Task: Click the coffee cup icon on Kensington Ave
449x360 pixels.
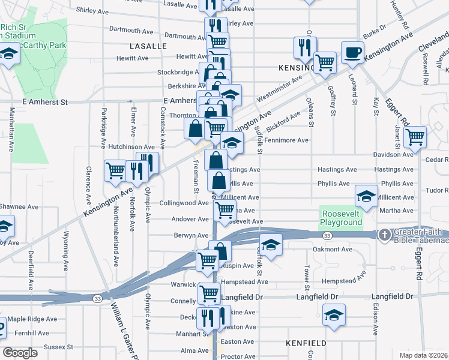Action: point(352,52)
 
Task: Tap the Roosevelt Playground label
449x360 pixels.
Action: point(342,218)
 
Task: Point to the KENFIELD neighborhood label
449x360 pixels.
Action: point(306,343)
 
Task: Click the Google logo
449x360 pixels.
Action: point(19,353)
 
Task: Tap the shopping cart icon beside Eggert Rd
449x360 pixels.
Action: point(415,137)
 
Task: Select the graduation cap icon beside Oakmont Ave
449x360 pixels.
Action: point(271,245)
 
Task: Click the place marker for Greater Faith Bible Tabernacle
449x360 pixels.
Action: point(385,234)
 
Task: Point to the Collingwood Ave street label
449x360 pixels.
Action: point(184,203)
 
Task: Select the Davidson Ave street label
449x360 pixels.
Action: point(394,154)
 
